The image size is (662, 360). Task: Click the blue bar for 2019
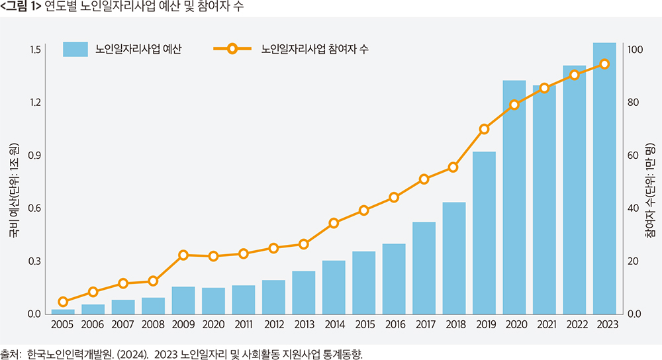(x=484, y=232)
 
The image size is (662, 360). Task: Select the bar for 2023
(x=604, y=178)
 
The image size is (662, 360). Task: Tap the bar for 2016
(x=394, y=279)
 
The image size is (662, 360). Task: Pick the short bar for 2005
(x=63, y=311)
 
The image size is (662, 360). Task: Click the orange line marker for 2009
(x=184, y=255)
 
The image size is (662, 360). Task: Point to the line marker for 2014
(x=334, y=223)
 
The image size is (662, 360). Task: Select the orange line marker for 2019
(x=484, y=129)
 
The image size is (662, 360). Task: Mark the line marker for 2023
(x=604, y=64)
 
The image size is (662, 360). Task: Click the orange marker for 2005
(x=63, y=302)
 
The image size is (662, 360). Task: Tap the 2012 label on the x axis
(x=273, y=324)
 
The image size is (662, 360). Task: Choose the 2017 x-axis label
(x=424, y=324)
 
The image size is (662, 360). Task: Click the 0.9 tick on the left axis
(x=35, y=156)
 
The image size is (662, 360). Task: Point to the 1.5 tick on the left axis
(x=35, y=50)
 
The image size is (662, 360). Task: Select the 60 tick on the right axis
(x=633, y=156)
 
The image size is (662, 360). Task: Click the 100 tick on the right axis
(x=635, y=50)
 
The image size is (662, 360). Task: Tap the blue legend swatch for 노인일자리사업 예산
(x=75, y=49)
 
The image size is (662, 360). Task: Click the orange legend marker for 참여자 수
(x=232, y=49)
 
